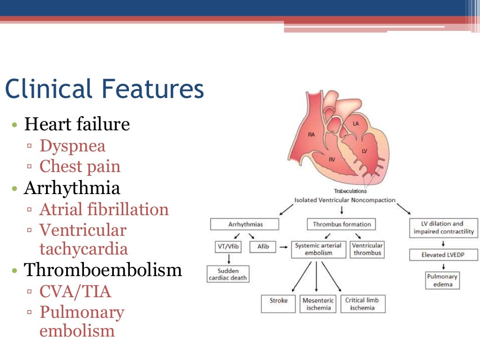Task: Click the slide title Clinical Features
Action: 104,89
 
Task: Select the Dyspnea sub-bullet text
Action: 73,146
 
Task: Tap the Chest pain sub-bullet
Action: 80,166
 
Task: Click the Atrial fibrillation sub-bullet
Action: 104,209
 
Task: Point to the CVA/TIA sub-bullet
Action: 75,292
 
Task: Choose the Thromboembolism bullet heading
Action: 103,270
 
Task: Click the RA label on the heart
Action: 312,135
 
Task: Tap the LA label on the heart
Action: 356,123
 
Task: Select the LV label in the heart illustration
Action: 364,150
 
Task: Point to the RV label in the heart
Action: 331,160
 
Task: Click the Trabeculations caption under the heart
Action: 350,191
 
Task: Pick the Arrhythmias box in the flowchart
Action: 245,224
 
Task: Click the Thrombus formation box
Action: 342,224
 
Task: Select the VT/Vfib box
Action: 227,246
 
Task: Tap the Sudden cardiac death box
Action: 228,275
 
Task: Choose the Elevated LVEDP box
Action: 443,255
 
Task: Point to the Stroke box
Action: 278,300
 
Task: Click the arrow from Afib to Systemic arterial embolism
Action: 283,246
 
